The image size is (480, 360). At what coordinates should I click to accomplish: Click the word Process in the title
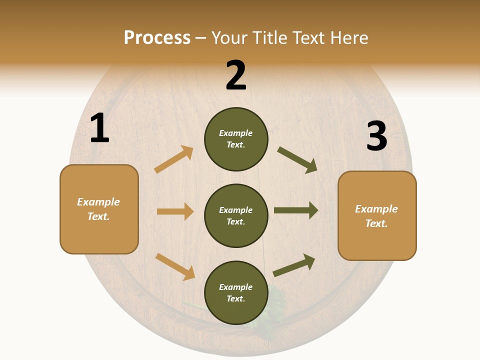[157, 37]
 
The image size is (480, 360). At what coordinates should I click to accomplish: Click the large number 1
[99, 128]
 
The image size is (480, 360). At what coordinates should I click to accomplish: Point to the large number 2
[236, 75]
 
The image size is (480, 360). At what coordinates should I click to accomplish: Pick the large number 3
[376, 136]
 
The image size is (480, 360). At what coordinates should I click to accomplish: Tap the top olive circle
[236, 139]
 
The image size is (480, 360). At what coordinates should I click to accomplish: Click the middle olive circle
[236, 215]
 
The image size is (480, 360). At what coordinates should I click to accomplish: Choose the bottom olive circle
[236, 292]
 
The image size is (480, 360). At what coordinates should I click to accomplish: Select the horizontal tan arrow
[175, 211]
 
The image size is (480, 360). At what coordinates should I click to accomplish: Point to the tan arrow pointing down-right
[175, 266]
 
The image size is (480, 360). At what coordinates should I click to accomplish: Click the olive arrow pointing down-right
[297, 160]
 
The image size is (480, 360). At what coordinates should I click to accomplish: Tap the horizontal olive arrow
[296, 210]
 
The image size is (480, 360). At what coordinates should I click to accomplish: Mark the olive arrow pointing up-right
[294, 265]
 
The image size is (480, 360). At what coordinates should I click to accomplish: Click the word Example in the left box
[98, 202]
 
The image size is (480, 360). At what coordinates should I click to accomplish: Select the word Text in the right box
[376, 223]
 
